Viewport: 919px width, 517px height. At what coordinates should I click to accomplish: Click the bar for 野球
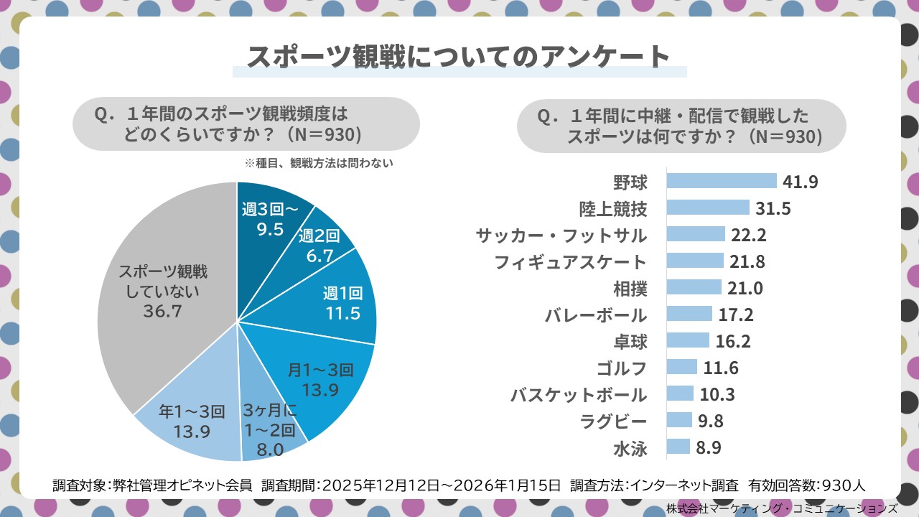pyautogui.click(x=722, y=181)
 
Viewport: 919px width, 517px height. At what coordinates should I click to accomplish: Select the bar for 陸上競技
pyautogui.click(x=708, y=208)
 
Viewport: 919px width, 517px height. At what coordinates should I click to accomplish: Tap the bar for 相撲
pyautogui.click(x=694, y=288)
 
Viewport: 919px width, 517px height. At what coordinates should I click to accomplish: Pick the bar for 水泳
pyautogui.click(x=678, y=448)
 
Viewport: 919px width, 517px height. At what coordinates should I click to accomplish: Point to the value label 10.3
pyautogui.click(x=719, y=395)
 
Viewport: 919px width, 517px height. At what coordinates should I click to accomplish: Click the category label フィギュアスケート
pyautogui.click(x=570, y=262)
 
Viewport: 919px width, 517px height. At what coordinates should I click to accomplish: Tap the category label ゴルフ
pyautogui.click(x=621, y=368)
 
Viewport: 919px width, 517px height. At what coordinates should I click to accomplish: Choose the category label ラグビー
pyautogui.click(x=616, y=421)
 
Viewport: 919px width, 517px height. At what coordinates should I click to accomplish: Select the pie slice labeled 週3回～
pyautogui.click(x=269, y=215)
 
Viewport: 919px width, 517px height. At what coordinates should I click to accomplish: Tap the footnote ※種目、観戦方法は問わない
pyautogui.click(x=319, y=163)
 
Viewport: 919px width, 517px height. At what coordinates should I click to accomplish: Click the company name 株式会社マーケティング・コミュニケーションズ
pyautogui.click(x=781, y=508)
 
